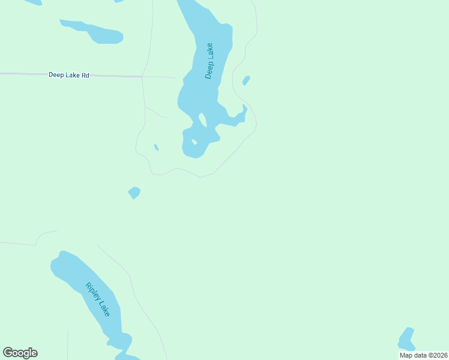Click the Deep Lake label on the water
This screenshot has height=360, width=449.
coord(209,61)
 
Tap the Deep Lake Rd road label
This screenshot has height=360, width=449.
coord(69,75)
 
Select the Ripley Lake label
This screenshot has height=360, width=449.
coord(97,299)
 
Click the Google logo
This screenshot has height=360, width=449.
coord(20,353)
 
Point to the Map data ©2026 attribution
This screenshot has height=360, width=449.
coord(423,355)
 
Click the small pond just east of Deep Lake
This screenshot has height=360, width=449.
coord(246,80)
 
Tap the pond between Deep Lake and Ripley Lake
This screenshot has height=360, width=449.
coord(134,193)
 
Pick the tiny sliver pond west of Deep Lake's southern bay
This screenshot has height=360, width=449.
coord(156,147)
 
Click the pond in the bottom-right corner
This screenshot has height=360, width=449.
coord(407,340)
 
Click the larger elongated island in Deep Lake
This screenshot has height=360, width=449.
coord(202,120)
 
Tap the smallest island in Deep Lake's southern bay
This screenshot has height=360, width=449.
coord(194,142)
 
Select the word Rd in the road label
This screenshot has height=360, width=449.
coord(85,75)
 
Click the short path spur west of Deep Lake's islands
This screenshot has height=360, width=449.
coord(155,112)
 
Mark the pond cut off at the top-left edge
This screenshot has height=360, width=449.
coord(33,2)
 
